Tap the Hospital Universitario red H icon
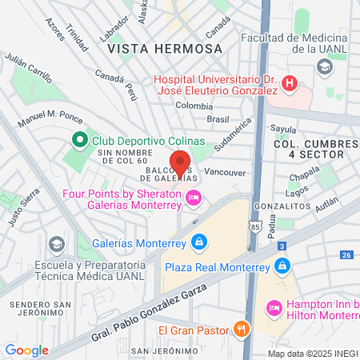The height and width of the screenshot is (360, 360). [x=290, y=82]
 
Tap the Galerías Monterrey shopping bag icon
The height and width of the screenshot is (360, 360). [x=198, y=242]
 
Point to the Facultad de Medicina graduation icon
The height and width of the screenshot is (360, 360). [x=324, y=66]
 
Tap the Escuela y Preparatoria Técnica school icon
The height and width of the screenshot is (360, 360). [x=56, y=242]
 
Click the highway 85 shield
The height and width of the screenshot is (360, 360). [x=254, y=226]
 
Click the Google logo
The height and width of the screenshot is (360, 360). [x=26, y=350]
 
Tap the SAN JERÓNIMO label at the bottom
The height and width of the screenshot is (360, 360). [x=163, y=351]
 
